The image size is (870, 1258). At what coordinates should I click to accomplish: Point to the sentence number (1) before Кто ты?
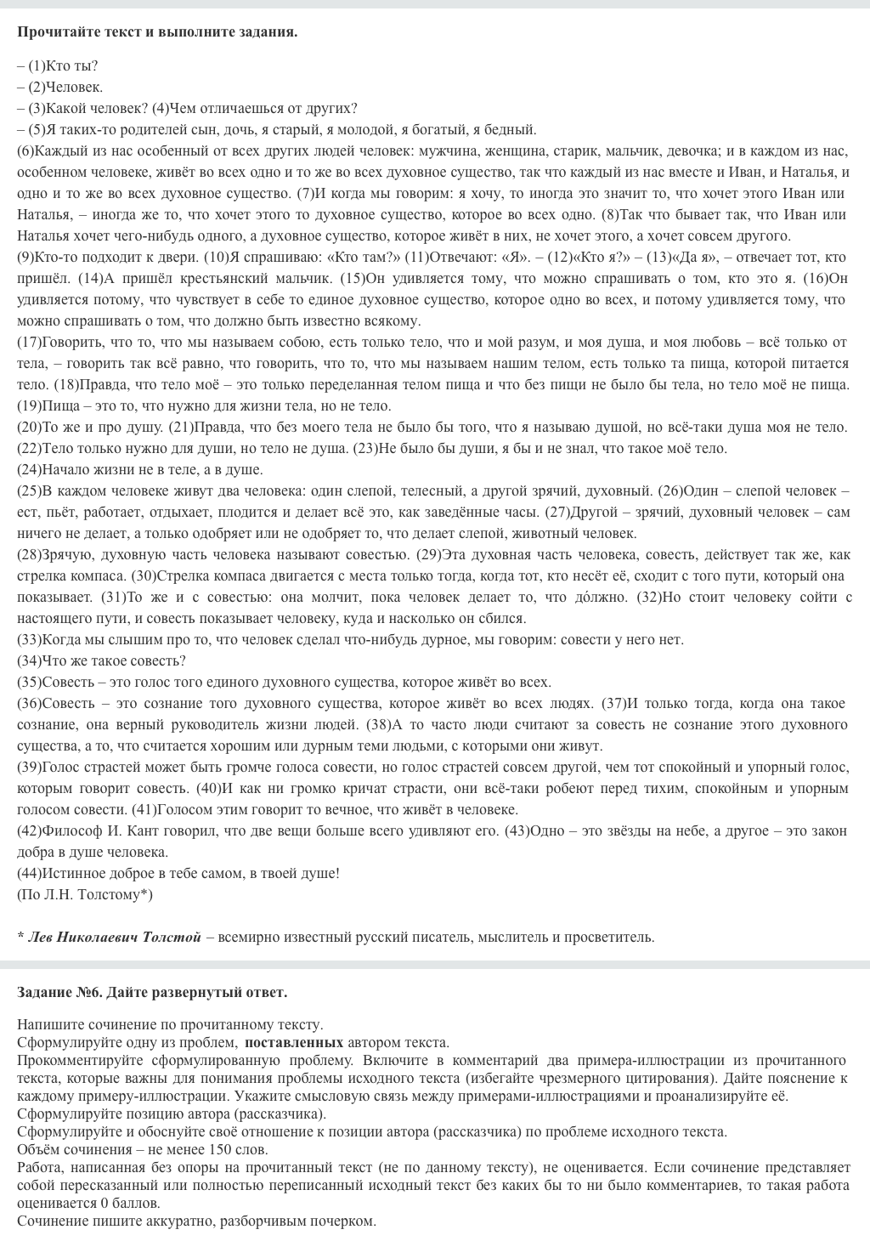pos(37,65)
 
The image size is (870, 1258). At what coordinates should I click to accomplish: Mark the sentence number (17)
pos(29,342)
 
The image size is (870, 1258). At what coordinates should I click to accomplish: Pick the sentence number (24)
pos(29,469)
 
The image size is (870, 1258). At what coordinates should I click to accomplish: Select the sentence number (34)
pos(29,660)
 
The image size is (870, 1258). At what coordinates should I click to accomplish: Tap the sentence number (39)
pos(29,767)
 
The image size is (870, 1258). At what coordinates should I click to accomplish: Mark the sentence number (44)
pos(29,873)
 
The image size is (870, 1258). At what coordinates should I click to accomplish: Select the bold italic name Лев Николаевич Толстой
pos(115,937)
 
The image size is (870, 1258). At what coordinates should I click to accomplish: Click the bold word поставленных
pos(294,1042)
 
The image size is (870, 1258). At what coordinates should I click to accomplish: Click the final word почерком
pos(346,1221)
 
